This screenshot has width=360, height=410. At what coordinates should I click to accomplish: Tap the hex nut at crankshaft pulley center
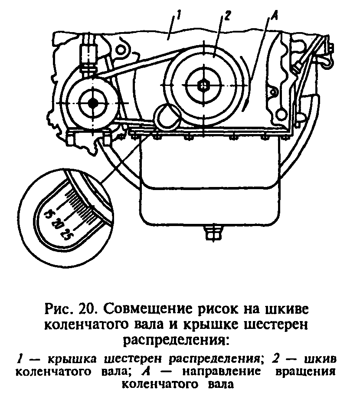(x=203, y=85)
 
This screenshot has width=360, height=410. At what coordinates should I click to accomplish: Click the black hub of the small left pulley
(x=92, y=103)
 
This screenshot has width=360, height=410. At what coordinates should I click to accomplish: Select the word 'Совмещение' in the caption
(x=141, y=311)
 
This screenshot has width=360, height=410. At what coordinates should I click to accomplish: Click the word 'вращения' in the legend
(x=310, y=372)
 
